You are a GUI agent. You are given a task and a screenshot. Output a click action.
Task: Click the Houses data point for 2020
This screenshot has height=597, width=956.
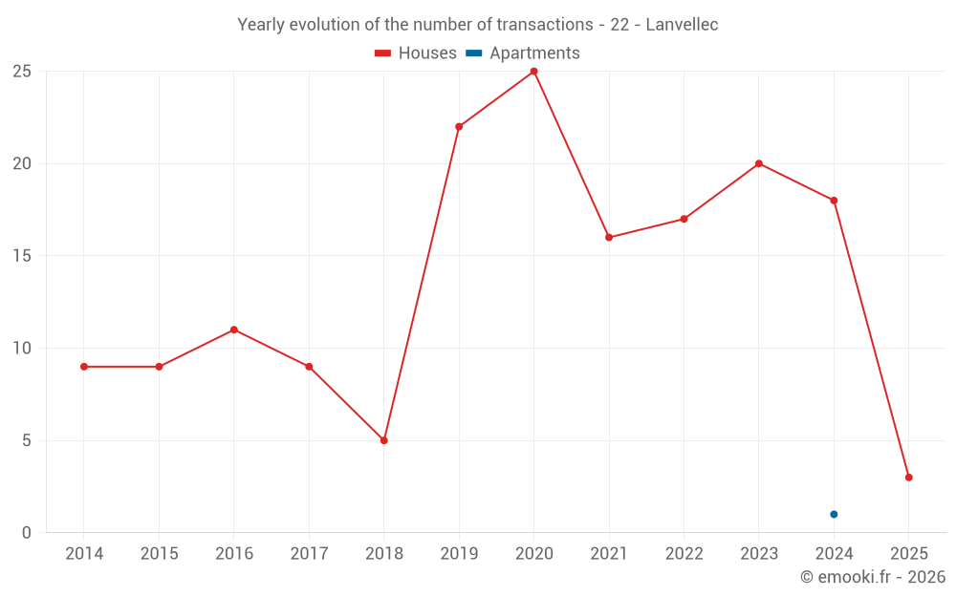point(533,72)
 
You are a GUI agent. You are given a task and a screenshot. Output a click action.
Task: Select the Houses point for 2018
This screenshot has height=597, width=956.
point(383,440)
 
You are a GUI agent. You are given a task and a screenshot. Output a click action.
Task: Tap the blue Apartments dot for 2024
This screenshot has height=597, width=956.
point(834,514)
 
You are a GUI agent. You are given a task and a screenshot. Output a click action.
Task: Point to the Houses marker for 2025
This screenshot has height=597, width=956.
point(908,478)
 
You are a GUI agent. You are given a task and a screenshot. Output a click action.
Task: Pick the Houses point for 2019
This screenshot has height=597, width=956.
point(459,126)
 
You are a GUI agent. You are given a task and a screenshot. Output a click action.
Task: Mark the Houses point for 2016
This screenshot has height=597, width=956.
point(233,330)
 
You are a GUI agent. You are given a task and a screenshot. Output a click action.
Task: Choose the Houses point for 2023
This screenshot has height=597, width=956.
point(759,163)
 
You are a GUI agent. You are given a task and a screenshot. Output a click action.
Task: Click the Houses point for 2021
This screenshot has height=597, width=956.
point(609,237)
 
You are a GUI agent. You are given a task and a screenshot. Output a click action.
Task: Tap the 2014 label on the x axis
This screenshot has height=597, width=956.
point(84,554)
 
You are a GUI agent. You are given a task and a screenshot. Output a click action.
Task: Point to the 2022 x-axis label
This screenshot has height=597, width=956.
point(684,554)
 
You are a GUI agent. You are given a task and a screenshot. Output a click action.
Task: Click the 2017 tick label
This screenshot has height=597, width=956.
point(309,554)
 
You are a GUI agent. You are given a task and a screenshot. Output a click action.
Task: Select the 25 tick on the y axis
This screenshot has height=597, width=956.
point(22,72)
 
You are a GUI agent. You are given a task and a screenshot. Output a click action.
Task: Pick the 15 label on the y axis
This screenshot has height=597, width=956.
point(22,256)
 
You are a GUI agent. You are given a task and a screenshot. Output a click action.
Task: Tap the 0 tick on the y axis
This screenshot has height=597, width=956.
point(27,533)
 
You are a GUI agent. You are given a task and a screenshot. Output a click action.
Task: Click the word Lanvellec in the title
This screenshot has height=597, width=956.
point(682,25)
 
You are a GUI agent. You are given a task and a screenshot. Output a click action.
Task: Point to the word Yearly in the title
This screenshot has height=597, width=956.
point(261,25)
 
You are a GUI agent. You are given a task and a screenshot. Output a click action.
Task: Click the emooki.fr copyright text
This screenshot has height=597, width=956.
point(872,577)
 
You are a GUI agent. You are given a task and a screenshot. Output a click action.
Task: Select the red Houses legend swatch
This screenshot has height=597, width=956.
point(383,53)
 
